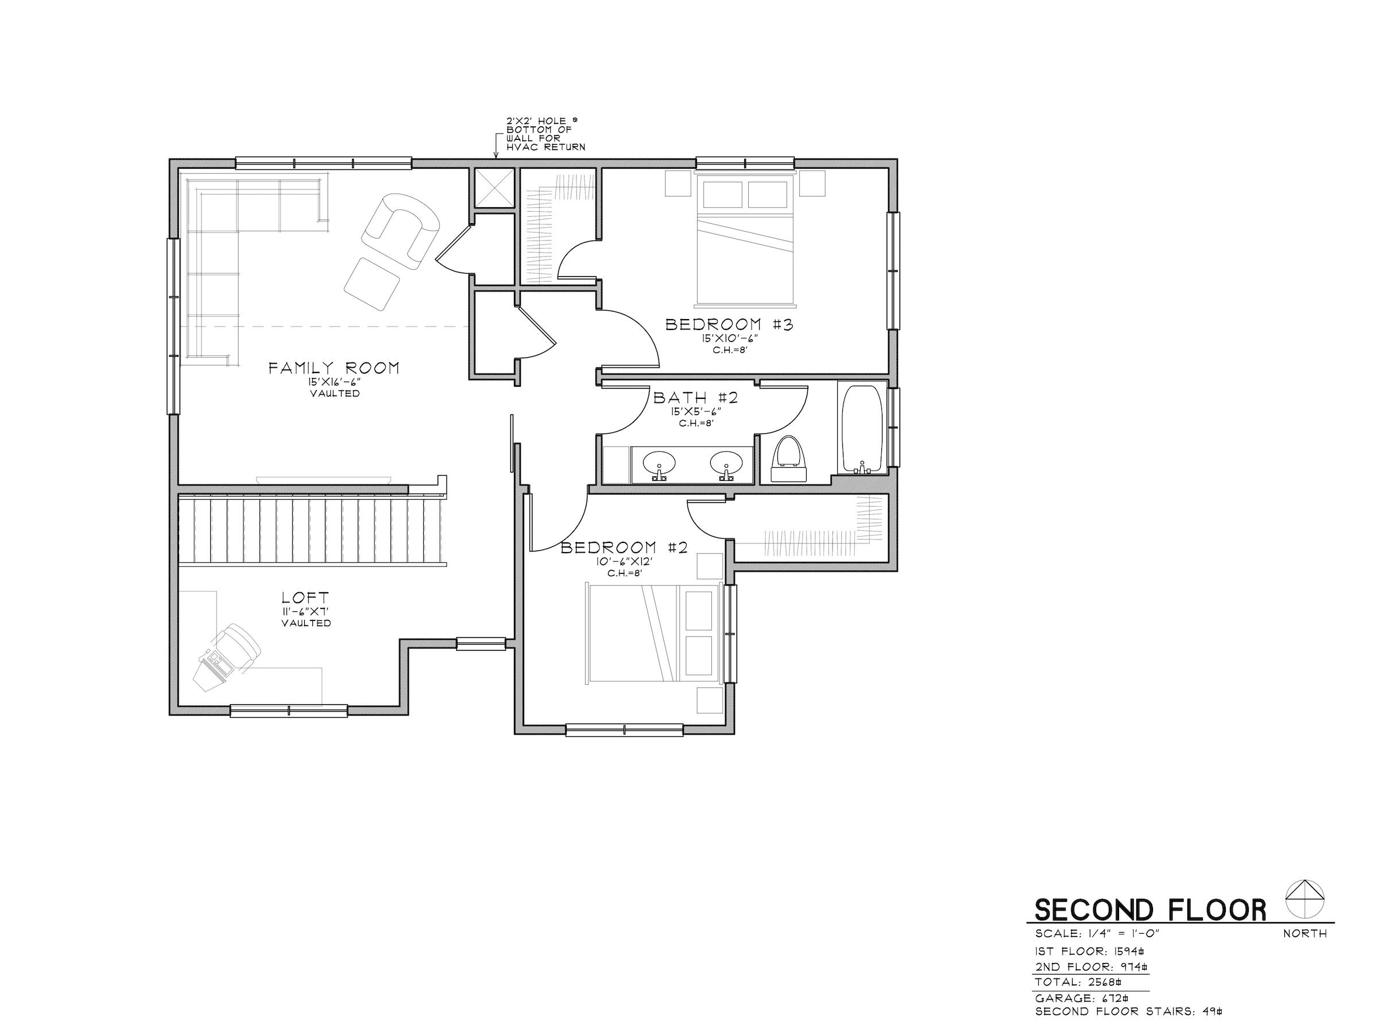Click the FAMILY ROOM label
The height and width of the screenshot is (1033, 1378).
click(x=334, y=368)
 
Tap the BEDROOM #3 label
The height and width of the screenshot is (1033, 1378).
click(x=729, y=324)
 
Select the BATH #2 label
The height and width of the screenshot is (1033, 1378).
click(x=695, y=397)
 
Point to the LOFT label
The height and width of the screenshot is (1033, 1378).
click(x=305, y=598)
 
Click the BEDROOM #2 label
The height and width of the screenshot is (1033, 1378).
click(x=624, y=548)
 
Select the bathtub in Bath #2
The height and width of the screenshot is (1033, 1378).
click(x=862, y=430)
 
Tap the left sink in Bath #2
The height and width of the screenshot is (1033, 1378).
click(x=659, y=464)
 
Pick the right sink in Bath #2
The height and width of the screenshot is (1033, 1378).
click(x=726, y=463)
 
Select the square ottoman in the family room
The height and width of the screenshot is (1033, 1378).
click(x=372, y=284)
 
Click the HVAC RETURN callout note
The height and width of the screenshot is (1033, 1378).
click(x=545, y=134)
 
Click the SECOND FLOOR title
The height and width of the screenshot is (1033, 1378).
click(x=1150, y=910)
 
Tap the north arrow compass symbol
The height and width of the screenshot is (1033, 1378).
click(x=1305, y=899)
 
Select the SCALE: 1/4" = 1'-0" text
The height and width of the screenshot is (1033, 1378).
click(x=1097, y=934)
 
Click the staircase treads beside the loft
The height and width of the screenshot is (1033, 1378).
click(x=311, y=529)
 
